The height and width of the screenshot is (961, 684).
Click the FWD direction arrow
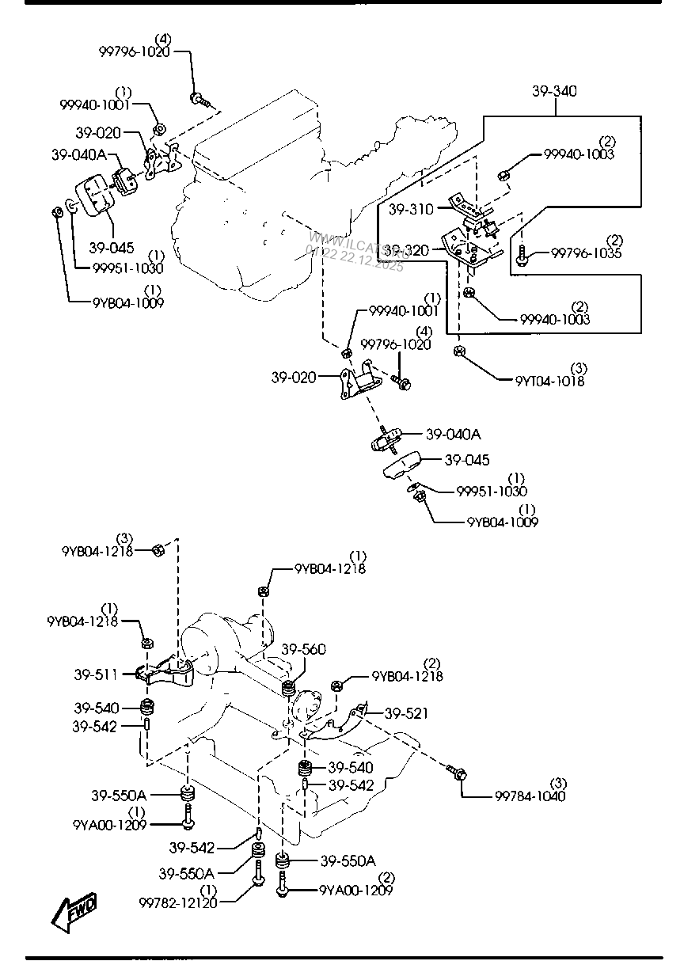tap(75, 911)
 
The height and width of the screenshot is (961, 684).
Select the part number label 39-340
tap(554, 92)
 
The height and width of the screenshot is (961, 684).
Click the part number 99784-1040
tap(530, 796)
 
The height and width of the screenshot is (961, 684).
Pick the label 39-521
tap(406, 713)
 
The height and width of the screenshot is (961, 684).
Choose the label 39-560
tap(303, 649)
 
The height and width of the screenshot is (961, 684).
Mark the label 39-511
tap(96, 674)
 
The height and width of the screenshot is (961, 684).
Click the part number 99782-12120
tap(178, 902)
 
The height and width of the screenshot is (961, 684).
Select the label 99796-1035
tap(586, 253)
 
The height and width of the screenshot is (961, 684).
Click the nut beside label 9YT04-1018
tap(459, 351)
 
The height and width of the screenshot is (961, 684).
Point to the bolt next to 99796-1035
tap(523, 255)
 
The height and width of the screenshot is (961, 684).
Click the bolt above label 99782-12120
tap(258, 879)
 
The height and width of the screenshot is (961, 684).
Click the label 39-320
tap(408, 250)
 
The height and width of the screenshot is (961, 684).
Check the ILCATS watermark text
tap(356, 252)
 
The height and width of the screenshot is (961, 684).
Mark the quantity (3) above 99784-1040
tap(559, 782)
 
